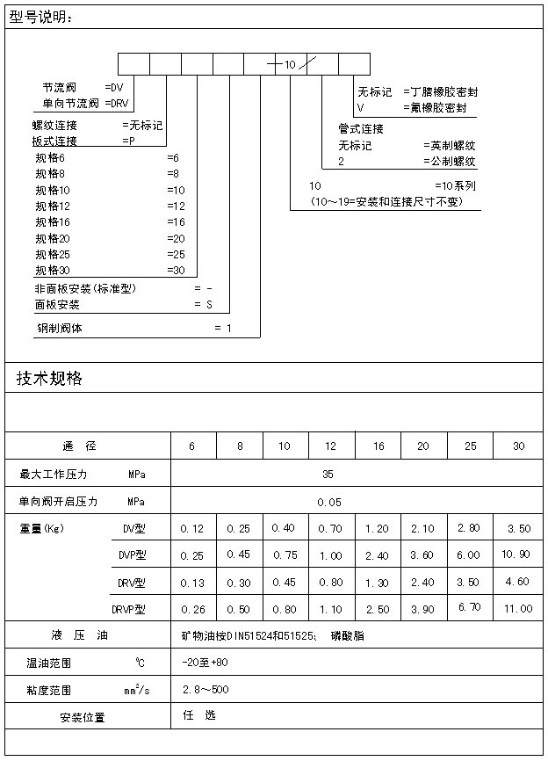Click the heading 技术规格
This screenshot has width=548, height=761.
coord(49,379)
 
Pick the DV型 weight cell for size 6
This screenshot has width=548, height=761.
coord(191,528)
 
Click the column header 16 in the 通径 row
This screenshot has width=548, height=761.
coord(379,446)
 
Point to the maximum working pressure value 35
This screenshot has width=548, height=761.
coord(328,475)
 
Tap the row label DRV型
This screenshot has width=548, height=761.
coord(132,583)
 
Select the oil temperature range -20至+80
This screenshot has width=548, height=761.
coord(205,662)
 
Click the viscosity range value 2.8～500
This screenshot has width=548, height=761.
coord(205,690)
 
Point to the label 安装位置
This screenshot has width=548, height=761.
coord(83,717)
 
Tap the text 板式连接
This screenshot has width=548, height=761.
coord(54,141)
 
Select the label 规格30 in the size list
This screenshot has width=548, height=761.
coord(53,270)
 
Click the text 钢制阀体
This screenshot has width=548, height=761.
coord(60,330)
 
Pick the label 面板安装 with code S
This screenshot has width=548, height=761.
coord(57,305)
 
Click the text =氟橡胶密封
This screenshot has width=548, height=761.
coord(440,108)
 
